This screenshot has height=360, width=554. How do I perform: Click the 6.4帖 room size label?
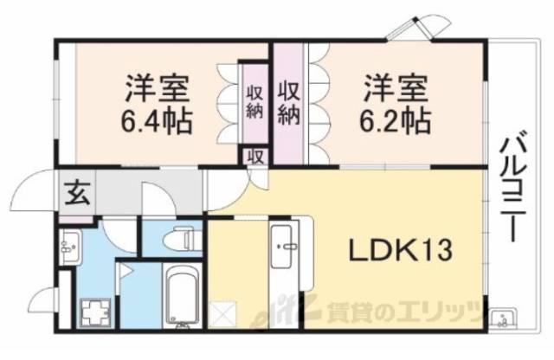pyautogui.click(x=156, y=118)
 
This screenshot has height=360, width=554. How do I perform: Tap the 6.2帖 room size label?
pyautogui.click(x=395, y=118)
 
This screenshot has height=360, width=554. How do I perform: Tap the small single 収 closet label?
pyautogui.click(x=254, y=157)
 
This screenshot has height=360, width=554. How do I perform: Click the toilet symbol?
pyautogui.click(x=183, y=236)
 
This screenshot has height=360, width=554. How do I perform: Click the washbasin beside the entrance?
pyautogui.click(x=71, y=247)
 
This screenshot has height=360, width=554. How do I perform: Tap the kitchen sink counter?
pyautogui.click(x=283, y=260)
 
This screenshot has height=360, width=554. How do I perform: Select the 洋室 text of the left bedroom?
pyautogui.click(x=156, y=89)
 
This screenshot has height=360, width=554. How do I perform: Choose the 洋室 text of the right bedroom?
pyautogui.click(x=395, y=89)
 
